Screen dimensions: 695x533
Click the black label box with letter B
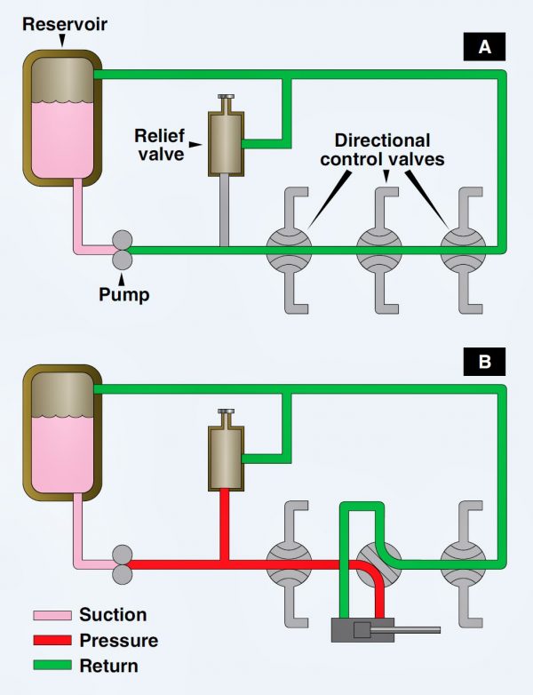484,362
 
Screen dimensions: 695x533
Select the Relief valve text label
160,144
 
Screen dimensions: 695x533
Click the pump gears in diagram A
122,250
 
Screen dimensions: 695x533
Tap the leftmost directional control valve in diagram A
289,250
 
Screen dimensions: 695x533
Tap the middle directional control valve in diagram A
378,250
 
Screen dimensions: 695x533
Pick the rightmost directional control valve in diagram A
463,250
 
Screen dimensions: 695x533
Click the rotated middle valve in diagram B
377,563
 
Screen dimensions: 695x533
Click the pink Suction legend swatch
52,615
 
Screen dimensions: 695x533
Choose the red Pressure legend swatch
52,640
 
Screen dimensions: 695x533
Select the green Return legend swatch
52,665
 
